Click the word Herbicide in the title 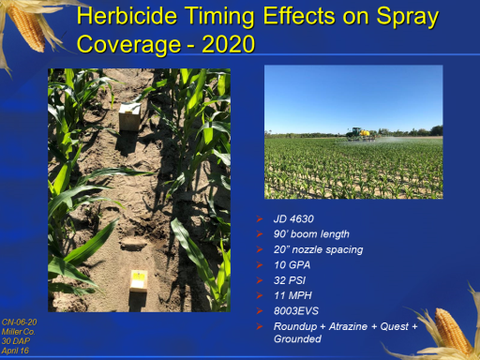[127, 16]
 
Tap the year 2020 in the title [229, 44]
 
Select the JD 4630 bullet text [293, 218]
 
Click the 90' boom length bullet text [311, 234]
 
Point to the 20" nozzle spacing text [318, 249]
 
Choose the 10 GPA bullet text [292, 265]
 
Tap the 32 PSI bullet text [290, 280]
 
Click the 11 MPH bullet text [292, 295]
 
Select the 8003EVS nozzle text [296, 311]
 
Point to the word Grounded [297, 338]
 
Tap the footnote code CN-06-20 [19, 322]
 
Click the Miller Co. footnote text [18, 332]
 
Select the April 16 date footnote [15, 351]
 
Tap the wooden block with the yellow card [139, 282]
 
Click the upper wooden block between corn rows [129, 117]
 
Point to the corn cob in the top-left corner [27, 27]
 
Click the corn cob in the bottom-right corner [453, 331]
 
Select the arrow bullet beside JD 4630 [260, 218]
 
